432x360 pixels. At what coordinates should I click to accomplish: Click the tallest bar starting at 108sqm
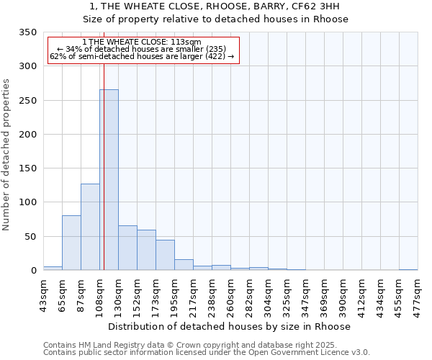click(x=109, y=180)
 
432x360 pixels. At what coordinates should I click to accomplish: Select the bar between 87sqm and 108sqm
click(x=90, y=227)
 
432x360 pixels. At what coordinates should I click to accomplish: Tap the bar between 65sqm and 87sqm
click(x=71, y=243)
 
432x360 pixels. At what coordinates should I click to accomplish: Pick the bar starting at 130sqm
click(x=127, y=248)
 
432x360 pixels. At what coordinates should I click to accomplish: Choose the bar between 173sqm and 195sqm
click(x=165, y=255)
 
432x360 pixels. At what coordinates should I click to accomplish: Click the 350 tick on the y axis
click(x=27, y=33)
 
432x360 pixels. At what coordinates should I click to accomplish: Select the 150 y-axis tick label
click(x=27, y=168)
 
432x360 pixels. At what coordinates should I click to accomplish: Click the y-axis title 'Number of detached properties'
click(x=6, y=155)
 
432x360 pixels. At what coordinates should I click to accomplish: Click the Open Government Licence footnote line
click(x=207, y=353)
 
